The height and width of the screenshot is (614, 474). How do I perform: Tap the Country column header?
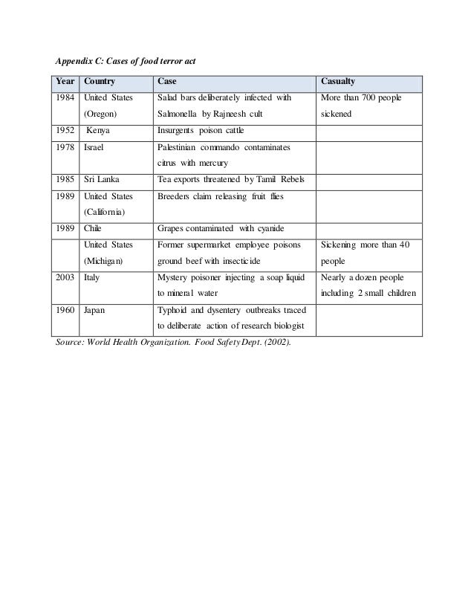[x=101, y=81]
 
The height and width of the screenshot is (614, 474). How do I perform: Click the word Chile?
[x=94, y=228]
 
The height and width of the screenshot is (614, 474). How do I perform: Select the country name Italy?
[x=93, y=277]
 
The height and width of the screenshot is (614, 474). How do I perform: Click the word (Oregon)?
[x=103, y=115]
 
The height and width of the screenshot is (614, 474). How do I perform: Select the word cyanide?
[x=278, y=228]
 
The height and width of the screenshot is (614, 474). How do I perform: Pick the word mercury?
[x=212, y=164]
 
